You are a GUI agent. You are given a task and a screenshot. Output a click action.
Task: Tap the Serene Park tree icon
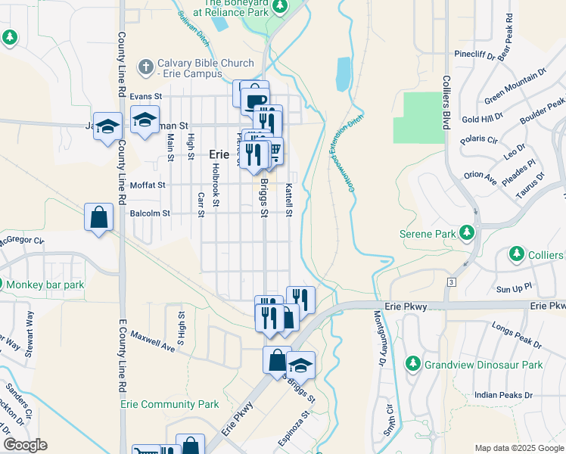468,233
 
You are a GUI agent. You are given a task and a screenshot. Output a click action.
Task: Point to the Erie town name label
219,154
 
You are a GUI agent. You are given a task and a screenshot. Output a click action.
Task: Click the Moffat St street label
147,185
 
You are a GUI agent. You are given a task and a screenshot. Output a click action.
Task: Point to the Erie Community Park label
169,405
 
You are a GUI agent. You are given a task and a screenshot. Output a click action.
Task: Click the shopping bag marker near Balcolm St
99,218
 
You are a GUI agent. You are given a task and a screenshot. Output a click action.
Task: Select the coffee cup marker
257,98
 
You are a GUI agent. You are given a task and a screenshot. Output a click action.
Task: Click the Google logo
24,445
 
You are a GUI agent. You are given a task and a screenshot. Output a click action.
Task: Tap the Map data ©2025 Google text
518,448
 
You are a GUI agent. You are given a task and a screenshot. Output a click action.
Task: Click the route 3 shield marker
452,281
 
